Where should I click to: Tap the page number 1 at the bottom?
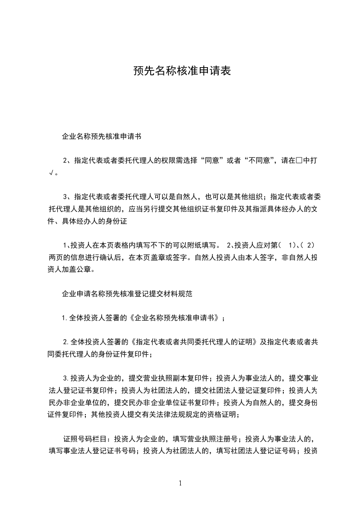tap(181, 483)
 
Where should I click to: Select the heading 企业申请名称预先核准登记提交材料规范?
tap(127, 294)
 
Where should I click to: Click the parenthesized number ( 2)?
tap(309, 245)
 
